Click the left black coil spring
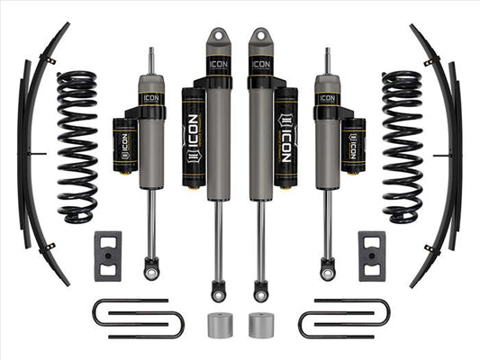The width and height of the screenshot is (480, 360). coord(77,146)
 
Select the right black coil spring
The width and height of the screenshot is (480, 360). coord(402,146)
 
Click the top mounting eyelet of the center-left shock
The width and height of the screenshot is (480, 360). coord(217,40)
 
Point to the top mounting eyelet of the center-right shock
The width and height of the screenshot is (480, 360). coord(262,40)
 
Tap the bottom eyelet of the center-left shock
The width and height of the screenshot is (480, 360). coord(218,292)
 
